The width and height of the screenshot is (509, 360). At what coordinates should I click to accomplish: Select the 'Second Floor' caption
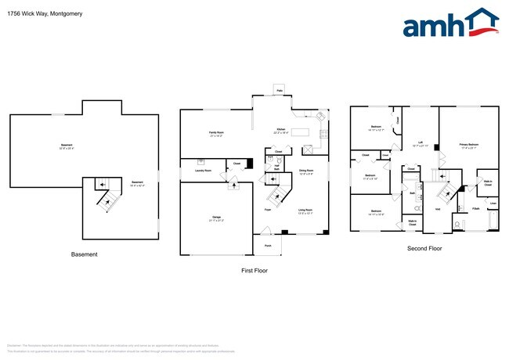tap(424, 248)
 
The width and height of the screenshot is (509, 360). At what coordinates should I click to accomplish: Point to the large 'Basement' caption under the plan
tap(85, 254)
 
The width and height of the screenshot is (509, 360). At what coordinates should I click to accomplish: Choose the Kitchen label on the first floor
tap(280, 131)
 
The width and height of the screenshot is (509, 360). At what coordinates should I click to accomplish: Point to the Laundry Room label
tap(202, 170)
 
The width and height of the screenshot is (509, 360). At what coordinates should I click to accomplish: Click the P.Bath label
tap(475, 209)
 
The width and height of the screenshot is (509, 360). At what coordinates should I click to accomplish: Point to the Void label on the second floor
tap(439, 209)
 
